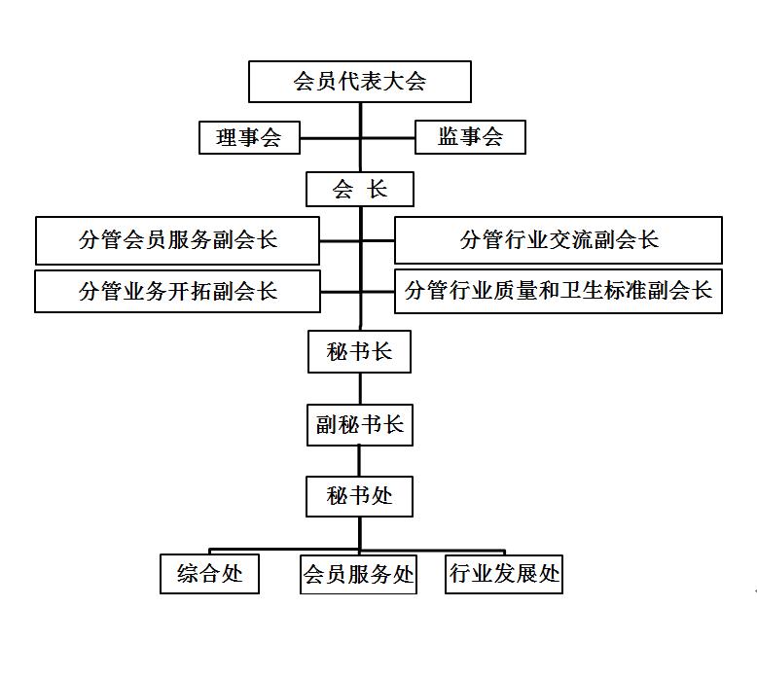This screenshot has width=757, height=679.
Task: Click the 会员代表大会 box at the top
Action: tap(360, 82)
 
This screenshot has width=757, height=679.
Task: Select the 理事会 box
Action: tap(250, 137)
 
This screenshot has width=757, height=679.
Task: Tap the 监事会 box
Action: tap(470, 137)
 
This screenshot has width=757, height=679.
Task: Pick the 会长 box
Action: tap(360, 189)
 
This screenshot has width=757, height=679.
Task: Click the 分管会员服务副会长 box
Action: tap(178, 240)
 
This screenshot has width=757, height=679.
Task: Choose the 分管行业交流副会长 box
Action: tap(559, 240)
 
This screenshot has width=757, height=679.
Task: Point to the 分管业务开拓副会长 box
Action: tap(178, 291)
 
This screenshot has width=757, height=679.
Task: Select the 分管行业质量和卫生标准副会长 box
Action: tap(559, 291)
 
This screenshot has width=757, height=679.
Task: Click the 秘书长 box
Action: tap(360, 351)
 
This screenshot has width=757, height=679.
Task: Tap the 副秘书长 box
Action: tap(360, 425)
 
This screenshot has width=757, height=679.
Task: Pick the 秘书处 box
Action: tap(360, 496)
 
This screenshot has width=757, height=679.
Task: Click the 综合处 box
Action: tap(209, 573)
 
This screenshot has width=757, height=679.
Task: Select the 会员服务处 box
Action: tap(358, 574)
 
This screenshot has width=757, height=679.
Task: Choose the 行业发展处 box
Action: tap(504, 574)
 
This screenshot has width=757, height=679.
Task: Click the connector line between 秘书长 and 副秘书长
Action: tap(360, 388)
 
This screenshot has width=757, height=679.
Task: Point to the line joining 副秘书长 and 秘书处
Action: tap(359, 461)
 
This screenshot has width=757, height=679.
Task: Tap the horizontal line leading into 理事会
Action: tap(330, 138)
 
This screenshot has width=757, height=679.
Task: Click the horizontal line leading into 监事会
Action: tap(388, 138)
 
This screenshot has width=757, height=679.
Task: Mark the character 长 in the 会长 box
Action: tap(377, 189)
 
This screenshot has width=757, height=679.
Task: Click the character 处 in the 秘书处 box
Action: tap(381, 495)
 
